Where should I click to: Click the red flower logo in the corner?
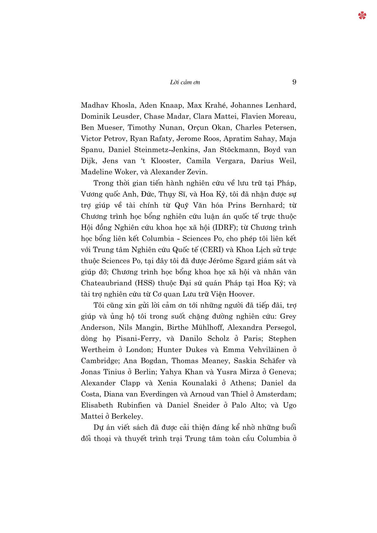[x=362, y=15]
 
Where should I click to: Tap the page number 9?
[x=294, y=82]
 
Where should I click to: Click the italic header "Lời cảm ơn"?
[x=185, y=83]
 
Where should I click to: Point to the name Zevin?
[x=196, y=172]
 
